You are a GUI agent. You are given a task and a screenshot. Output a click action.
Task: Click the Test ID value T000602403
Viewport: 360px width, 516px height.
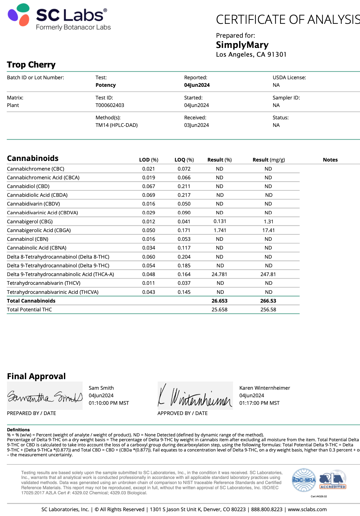click(110, 105)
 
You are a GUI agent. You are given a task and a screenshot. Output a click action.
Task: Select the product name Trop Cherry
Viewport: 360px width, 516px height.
click(31, 65)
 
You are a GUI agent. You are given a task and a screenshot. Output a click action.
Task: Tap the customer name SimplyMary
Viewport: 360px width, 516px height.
click(242, 45)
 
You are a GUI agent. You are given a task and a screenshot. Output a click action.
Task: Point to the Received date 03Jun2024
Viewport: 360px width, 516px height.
click(196, 125)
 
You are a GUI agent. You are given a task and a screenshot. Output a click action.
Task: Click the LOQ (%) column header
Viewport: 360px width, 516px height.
click(184, 160)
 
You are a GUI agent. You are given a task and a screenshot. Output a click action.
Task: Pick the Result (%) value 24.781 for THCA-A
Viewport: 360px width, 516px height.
click(219, 274)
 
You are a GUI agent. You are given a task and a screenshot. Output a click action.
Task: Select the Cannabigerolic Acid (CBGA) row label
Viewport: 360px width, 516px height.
click(39, 230)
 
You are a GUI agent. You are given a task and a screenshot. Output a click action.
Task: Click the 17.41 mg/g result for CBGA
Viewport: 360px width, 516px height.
click(268, 230)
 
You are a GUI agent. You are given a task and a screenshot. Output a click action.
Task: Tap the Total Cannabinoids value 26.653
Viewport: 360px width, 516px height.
click(219, 301)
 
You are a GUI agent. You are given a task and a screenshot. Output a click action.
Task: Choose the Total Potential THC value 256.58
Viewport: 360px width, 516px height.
click(268, 310)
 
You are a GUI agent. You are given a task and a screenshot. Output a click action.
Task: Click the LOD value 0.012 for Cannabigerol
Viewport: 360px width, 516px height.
click(149, 222)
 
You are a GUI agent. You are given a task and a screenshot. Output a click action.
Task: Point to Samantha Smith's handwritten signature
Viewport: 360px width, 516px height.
click(45, 396)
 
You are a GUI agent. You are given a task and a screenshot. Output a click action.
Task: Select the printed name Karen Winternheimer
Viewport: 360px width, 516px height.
click(264, 388)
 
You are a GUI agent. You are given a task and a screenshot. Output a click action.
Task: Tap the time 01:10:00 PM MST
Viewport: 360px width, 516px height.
click(109, 403)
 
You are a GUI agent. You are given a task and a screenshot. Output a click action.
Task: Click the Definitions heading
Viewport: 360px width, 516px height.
click(18, 430)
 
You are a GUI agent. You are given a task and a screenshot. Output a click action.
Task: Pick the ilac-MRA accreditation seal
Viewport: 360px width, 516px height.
click(304, 480)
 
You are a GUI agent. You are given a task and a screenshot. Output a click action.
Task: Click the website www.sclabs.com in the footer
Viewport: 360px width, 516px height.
click(307, 509)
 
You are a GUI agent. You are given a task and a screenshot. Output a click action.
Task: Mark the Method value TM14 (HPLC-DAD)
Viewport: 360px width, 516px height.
click(116, 125)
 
